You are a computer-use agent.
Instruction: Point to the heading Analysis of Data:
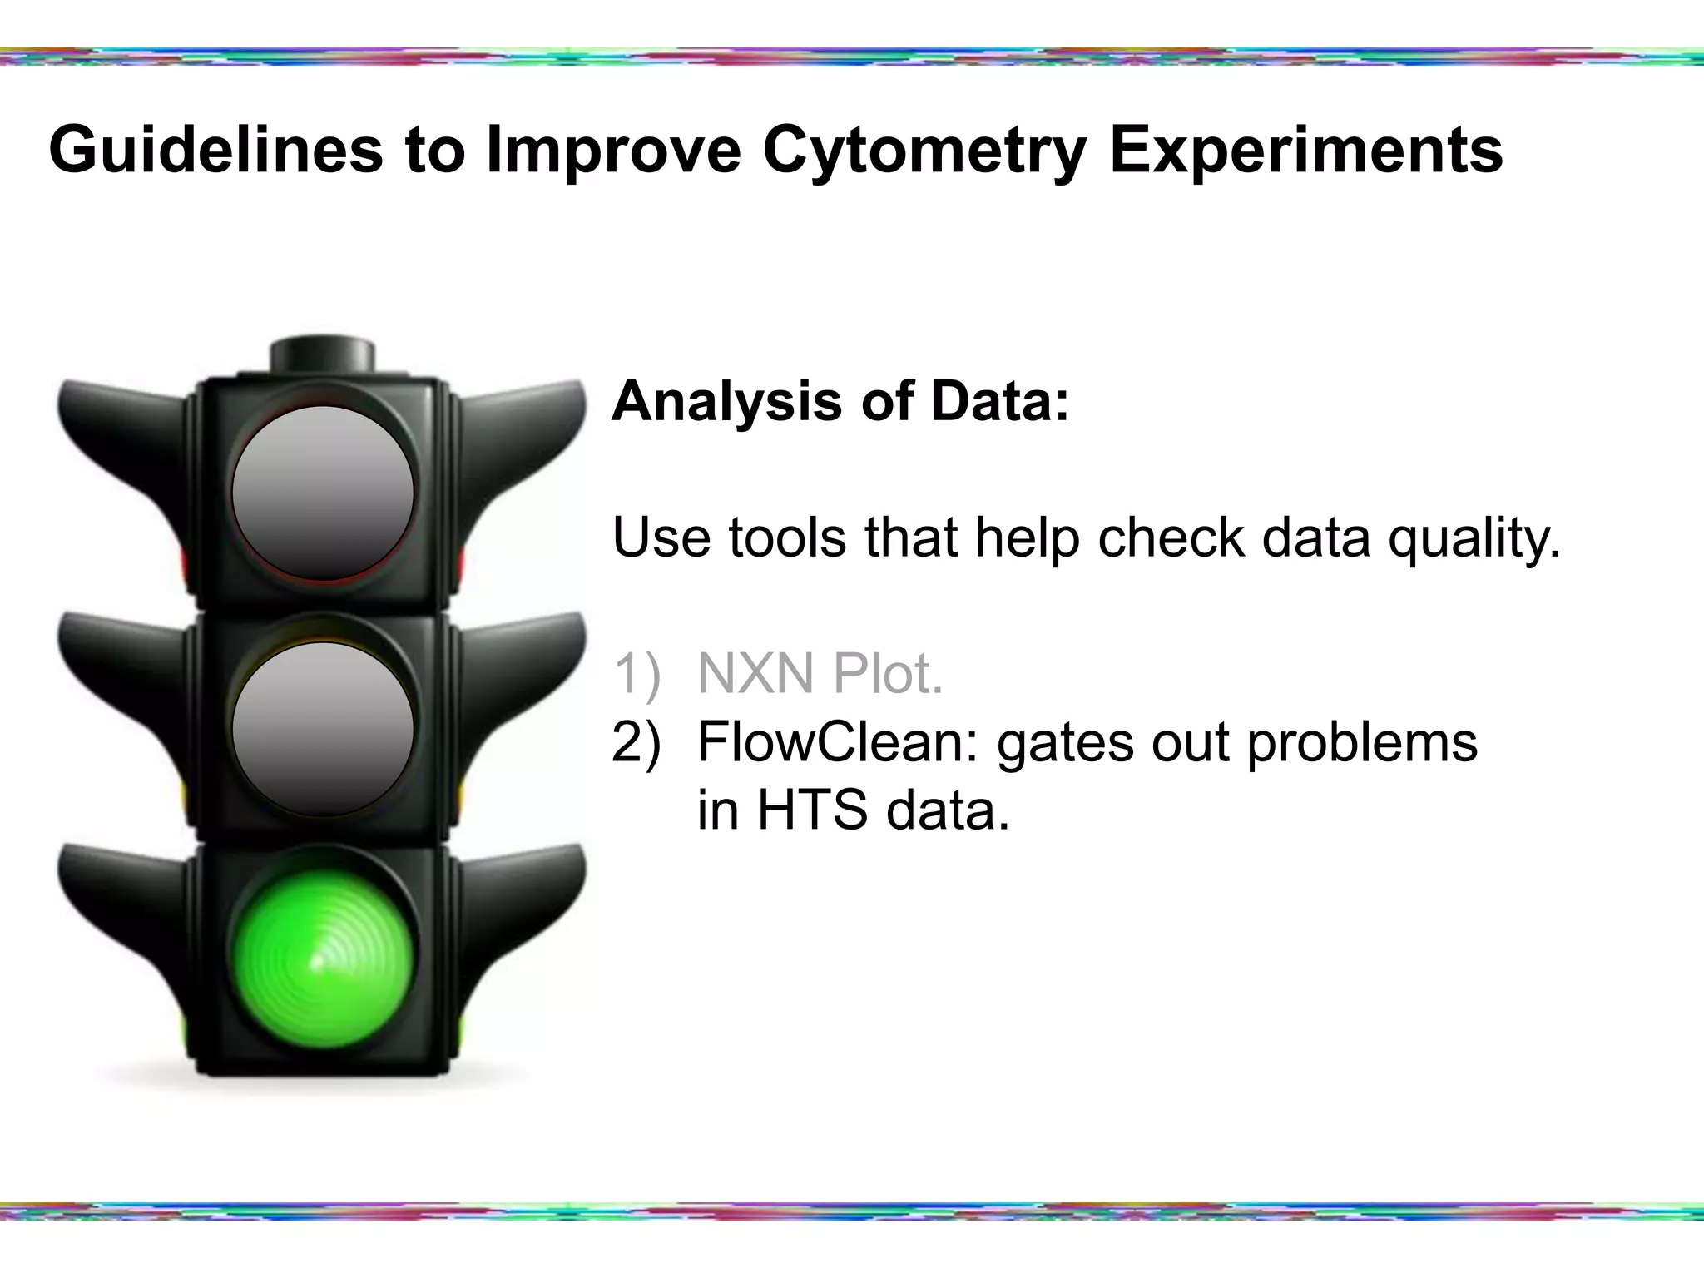[840, 401]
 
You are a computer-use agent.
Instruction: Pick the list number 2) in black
[637, 741]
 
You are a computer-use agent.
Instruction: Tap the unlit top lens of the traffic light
[323, 493]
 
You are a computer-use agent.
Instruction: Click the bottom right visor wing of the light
[524, 899]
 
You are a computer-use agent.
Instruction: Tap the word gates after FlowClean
[1065, 743]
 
